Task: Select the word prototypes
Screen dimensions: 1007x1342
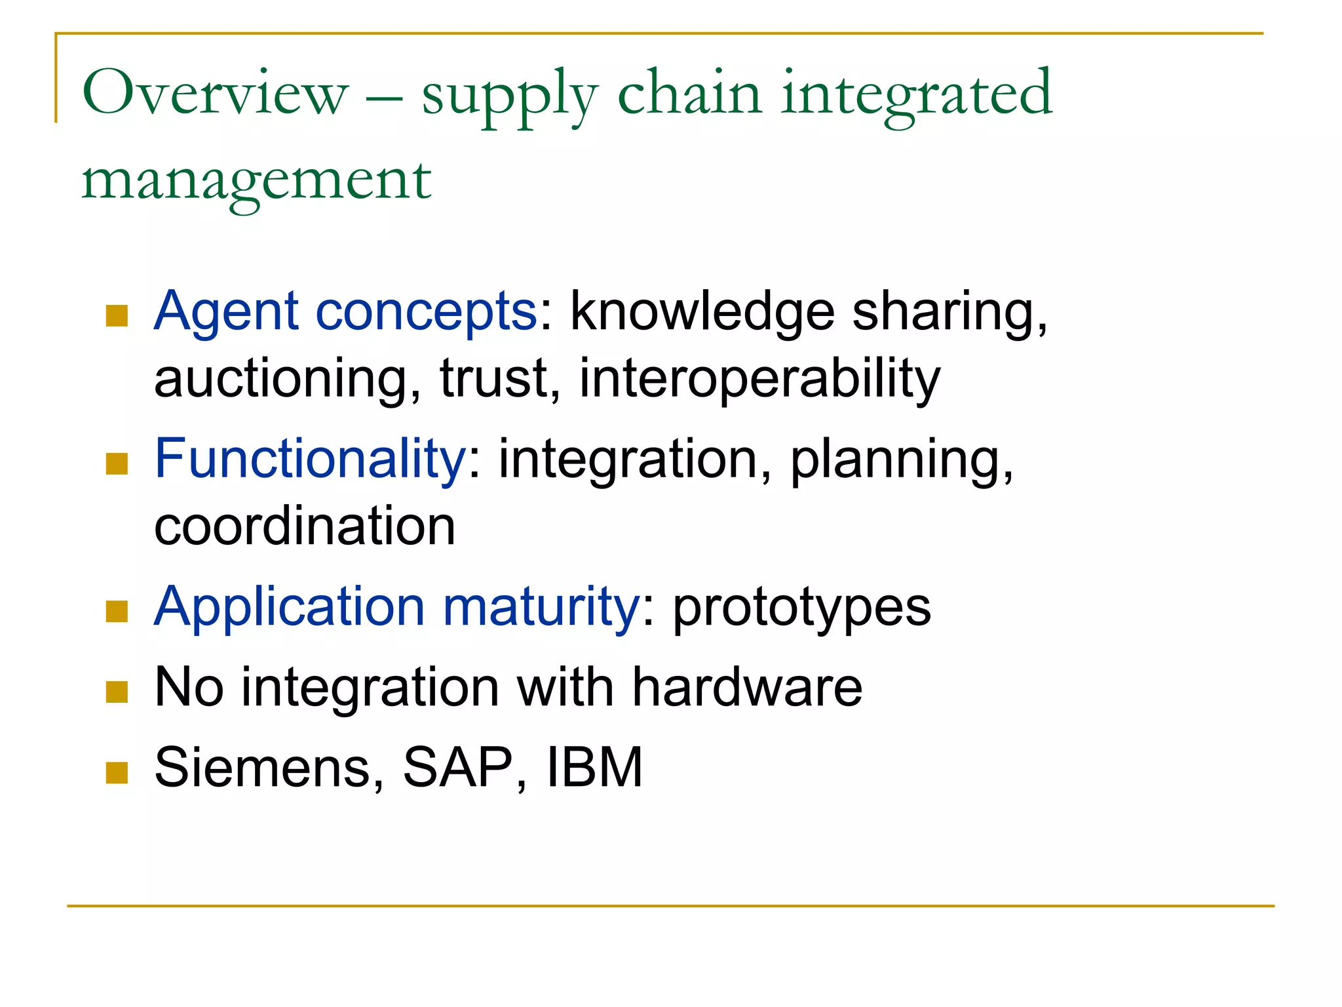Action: [801, 608]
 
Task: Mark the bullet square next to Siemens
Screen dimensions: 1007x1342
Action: [117, 773]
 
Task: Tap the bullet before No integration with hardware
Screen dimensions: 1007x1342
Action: [117, 692]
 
